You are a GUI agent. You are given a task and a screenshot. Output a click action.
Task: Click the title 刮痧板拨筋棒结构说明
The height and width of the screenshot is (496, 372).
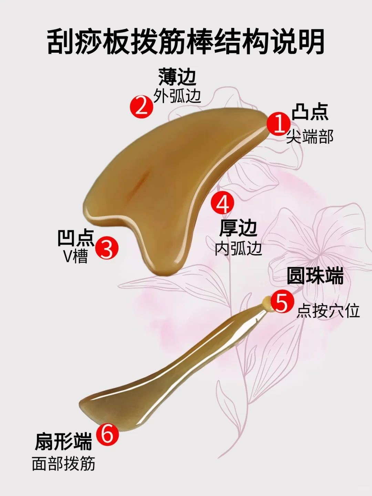tap(186, 42)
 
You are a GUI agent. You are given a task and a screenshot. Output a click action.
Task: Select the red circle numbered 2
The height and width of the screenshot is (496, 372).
tap(141, 106)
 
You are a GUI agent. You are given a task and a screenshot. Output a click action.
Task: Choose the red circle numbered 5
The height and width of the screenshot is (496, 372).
tap(282, 302)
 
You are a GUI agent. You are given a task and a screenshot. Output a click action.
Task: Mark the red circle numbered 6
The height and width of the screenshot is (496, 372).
tap(107, 434)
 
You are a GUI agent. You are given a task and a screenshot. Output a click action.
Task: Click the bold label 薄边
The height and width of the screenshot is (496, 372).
tap(177, 77)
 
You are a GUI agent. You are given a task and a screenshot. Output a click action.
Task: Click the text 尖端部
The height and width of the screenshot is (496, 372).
tap(310, 137)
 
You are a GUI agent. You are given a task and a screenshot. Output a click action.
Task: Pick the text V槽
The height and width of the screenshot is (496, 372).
tap(76, 256)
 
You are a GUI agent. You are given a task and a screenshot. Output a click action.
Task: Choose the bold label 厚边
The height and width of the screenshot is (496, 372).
tap(238, 228)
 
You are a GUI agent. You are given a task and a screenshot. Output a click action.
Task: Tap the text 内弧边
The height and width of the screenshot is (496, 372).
tap(238, 248)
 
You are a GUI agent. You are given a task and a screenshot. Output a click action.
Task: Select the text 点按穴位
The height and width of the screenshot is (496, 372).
tap(328, 310)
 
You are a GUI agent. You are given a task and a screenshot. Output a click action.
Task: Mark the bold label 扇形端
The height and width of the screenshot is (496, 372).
tap(63, 442)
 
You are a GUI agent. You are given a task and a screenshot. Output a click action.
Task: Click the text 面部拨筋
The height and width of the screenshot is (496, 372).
tap(63, 464)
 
